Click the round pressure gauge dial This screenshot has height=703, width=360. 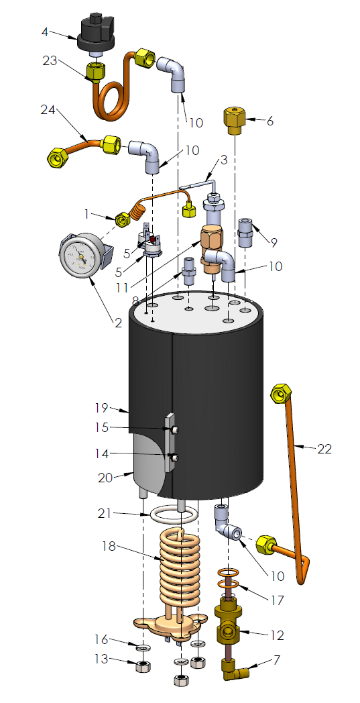coord(80,258)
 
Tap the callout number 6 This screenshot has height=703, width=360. coord(270,121)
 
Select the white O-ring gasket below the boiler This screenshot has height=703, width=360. coord(173,515)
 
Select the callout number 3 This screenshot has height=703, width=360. coord(224,160)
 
